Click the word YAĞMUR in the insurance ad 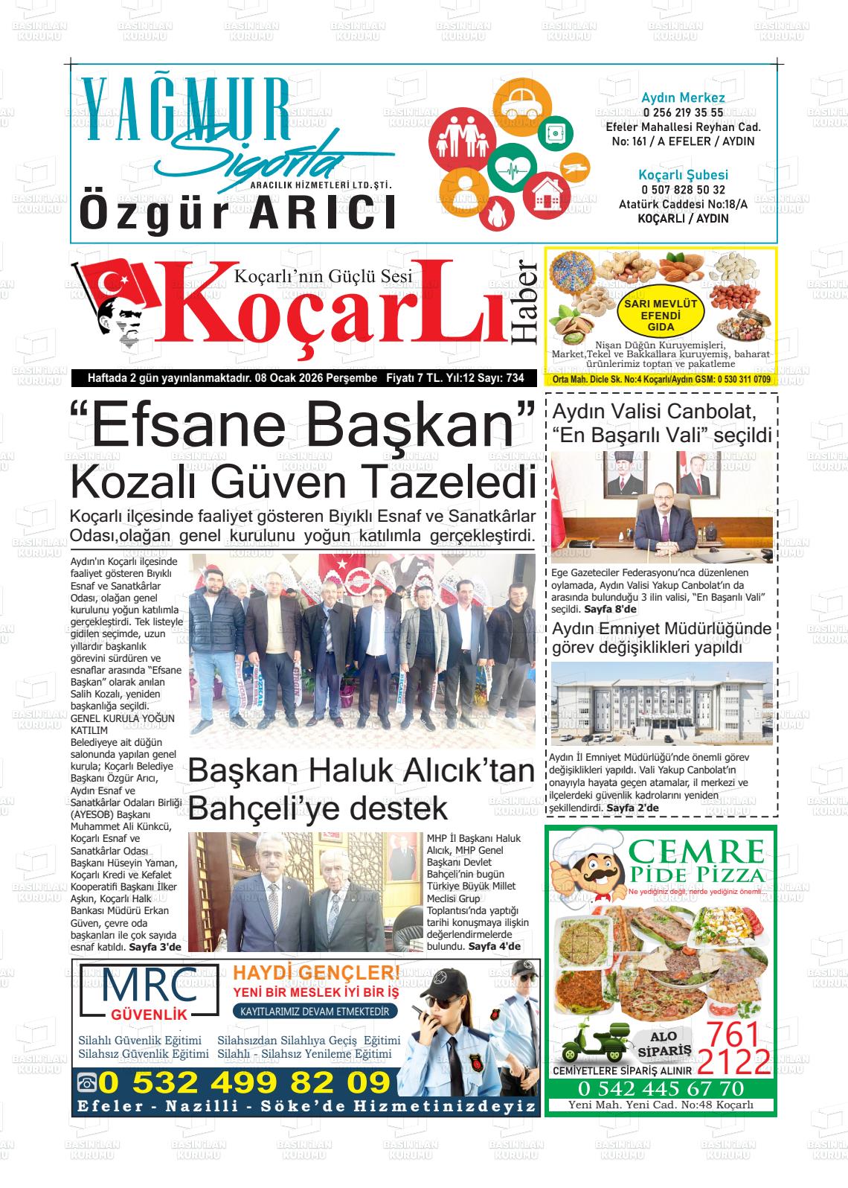(x=186, y=109)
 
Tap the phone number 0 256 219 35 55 (x=683, y=112)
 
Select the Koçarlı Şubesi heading (x=682, y=176)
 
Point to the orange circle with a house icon (x=547, y=193)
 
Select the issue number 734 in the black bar (x=514, y=378)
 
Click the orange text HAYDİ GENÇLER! (x=316, y=972)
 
